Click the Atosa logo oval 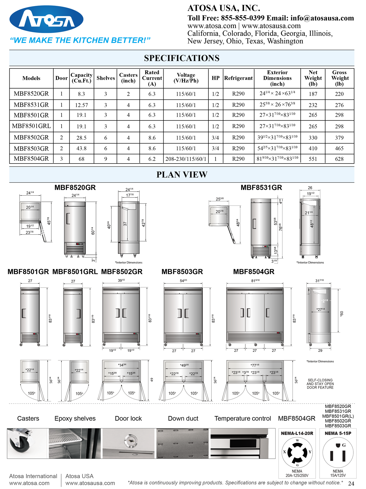[x=46, y=19]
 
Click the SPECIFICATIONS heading [x=182, y=58]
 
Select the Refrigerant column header [x=238, y=78]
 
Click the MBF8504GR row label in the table [x=31, y=159]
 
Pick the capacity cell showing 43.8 [x=81, y=149]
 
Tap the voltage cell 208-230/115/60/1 [x=186, y=159]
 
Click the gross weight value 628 [x=339, y=159]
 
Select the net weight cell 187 [x=313, y=94]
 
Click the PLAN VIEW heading [x=182, y=175]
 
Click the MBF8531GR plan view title [x=261, y=188]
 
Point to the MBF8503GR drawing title [x=182, y=272]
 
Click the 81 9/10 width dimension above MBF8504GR [x=255, y=280]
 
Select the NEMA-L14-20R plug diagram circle [x=297, y=452]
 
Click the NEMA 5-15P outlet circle [x=338, y=452]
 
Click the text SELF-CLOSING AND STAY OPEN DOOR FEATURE [x=320, y=384]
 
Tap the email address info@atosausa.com [x=322, y=18]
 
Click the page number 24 [x=351, y=483]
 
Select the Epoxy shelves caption [x=75, y=418]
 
